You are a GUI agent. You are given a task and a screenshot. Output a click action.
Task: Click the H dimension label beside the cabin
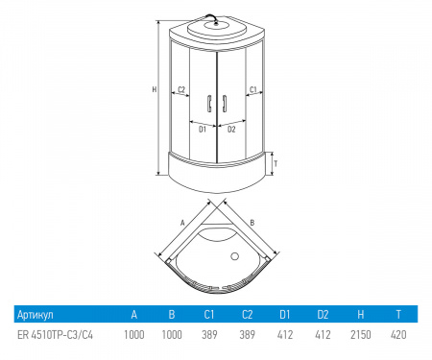(155, 89)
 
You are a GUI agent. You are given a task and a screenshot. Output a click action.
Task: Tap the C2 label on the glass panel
(181, 89)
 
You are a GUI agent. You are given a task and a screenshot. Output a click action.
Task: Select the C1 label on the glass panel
(253, 89)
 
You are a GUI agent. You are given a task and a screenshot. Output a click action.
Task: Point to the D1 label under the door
(203, 130)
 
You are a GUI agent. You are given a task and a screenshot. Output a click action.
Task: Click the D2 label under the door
(231, 130)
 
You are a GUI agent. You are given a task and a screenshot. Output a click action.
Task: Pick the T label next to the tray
(276, 164)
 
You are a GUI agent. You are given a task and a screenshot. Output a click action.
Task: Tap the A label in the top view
(182, 223)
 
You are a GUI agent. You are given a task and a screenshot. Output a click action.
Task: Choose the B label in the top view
(252, 223)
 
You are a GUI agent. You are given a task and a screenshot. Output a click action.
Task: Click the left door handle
(209, 104)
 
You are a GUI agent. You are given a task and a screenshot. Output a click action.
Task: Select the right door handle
(225, 104)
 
